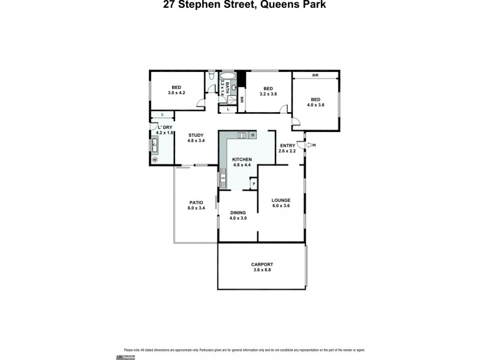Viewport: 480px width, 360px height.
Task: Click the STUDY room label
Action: (x=196, y=135)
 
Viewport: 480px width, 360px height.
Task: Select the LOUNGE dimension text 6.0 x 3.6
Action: (x=281, y=206)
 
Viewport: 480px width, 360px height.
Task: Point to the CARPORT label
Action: (x=262, y=264)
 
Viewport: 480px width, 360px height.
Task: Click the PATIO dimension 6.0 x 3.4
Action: (x=196, y=208)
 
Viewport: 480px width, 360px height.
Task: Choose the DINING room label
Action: (x=238, y=212)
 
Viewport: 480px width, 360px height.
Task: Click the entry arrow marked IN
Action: (x=310, y=145)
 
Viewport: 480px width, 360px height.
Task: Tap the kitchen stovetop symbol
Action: (x=242, y=136)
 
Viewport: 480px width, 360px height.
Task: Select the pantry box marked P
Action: (x=254, y=184)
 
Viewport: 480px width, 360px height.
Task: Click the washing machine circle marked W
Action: (x=154, y=160)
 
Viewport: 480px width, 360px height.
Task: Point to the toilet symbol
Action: (x=211, y=76)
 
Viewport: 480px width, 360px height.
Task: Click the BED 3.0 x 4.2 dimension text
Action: (x=177, y=93)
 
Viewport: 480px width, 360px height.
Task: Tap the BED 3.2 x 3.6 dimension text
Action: (x=268, y=94)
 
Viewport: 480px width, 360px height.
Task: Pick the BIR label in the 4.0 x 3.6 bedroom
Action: (x=315, y=76)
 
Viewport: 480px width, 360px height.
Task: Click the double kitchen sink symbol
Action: (x=223, y=176)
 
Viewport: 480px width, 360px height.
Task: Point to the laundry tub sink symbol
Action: (x=155, y=145)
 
